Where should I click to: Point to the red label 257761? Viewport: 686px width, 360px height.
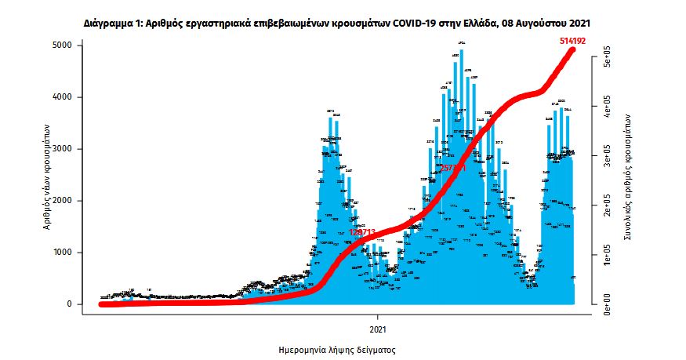click(454, 168)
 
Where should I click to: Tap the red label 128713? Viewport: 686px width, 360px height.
click(363, 231)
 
